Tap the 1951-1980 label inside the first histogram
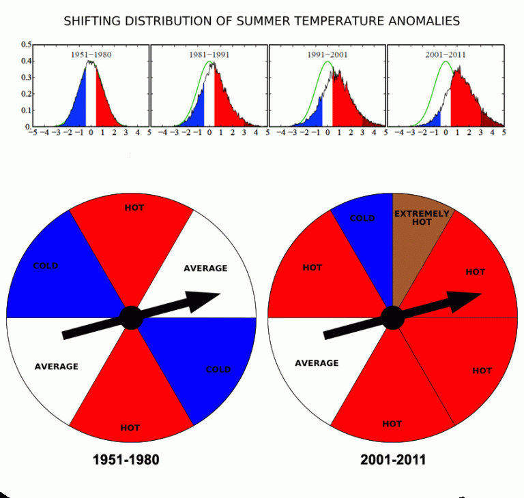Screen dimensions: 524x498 pos(91,55)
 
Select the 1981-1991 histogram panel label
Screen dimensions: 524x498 pos(209,55)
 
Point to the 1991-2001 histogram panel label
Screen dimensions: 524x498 pos(327,55)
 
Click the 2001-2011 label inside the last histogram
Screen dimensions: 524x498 pos(446,55)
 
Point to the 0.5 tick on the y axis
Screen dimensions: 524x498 pos(27,44)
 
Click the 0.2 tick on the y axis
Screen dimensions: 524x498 pos(27,94)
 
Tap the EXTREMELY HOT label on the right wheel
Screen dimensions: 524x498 pos(422,217)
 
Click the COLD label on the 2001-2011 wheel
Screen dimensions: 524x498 pos(362,218)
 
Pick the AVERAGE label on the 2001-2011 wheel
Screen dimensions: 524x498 pos(317,363)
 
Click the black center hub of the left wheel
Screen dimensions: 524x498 pos(131,317)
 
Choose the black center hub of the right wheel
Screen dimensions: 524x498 pos(393,317)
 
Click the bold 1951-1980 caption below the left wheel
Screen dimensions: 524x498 pos(126,460)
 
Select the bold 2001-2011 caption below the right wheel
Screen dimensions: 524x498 pos(393,460)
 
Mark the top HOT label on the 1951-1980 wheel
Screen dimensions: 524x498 pos(134,208)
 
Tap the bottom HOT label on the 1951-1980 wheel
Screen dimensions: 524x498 pos(130,428)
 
